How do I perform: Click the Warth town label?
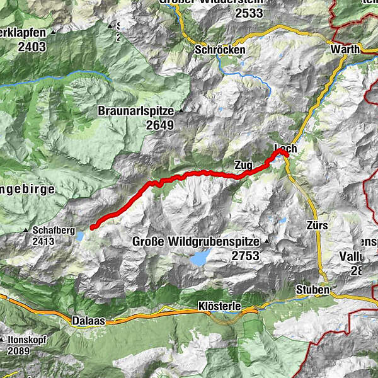(x=346, y=50)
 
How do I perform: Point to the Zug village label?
(x=243, y=164)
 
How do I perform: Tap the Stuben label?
(x=312, y=290)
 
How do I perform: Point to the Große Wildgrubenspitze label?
(x=197, y=241)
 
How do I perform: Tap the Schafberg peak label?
(x=50, y=231)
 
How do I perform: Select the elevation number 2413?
(x=48, y=241)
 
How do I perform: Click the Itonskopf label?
(x=28, y=339)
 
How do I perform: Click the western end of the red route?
(x=93, y=227)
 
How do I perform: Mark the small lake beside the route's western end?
(x=82, y=236)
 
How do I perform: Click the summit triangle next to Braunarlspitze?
(x=181, y=111)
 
